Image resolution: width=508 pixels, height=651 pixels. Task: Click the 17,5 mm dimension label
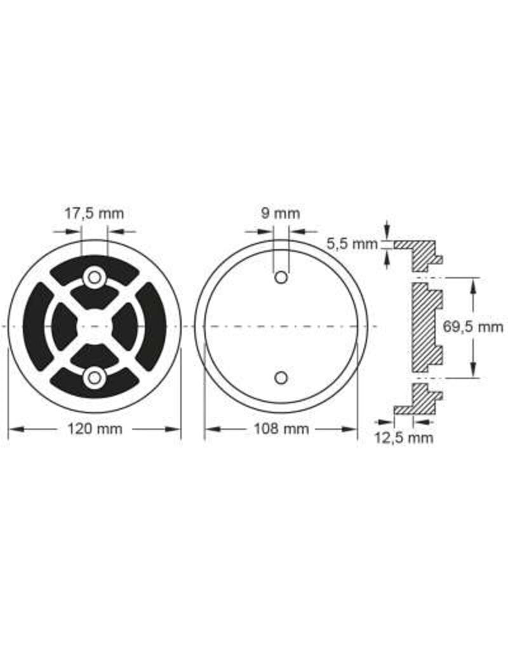[95, 214]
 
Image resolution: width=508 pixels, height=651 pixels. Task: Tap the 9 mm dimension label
[281, 214]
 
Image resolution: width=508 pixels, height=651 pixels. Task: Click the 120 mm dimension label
[95, 429]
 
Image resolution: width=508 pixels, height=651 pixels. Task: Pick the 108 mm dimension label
[281, 429]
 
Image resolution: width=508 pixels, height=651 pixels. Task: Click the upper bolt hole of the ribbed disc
[95, 277]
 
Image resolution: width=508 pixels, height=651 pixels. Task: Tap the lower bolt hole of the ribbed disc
[95, 378]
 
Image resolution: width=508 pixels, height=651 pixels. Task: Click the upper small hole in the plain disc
[281, 277]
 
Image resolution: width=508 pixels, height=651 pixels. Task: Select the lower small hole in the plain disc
[281, 378]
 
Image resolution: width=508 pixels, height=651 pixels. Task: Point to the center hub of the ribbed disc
[95, 327]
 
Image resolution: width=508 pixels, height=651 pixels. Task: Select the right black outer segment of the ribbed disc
[152, 327]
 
